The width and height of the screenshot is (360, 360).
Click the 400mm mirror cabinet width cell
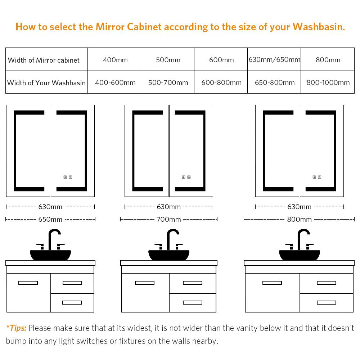[x=115, y=60]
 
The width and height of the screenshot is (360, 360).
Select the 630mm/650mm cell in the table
[x=274, y=60]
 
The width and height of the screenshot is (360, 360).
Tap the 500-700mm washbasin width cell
[x=168, y=82]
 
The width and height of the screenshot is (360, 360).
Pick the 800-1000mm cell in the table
[x=328, y=82]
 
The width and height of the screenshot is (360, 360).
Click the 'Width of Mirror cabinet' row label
[x=44, y=60]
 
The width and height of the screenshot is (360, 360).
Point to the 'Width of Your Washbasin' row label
[x=46, y=83]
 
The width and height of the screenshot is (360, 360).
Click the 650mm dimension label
[x=50, y=220]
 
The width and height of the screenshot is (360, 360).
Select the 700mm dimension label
[x=169, y=220]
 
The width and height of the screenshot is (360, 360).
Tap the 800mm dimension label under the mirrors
[x=300, y=220]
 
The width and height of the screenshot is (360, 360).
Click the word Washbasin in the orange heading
[x=319, y=27]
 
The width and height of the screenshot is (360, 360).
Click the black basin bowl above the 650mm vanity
[x=50, y=255]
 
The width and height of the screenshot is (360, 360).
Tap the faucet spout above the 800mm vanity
[x=303, y=239]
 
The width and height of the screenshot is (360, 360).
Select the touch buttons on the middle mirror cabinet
[x=186, y=177]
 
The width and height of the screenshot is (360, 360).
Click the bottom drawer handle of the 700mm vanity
[x=193, y=302]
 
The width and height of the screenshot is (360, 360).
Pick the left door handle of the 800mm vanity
[x=272, y=283]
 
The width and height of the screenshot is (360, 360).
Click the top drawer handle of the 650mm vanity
[x=72, y=283]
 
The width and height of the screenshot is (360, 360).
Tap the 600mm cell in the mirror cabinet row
[x=221, y=60]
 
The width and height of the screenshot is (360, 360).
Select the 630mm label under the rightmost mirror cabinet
[x=300, y=207]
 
